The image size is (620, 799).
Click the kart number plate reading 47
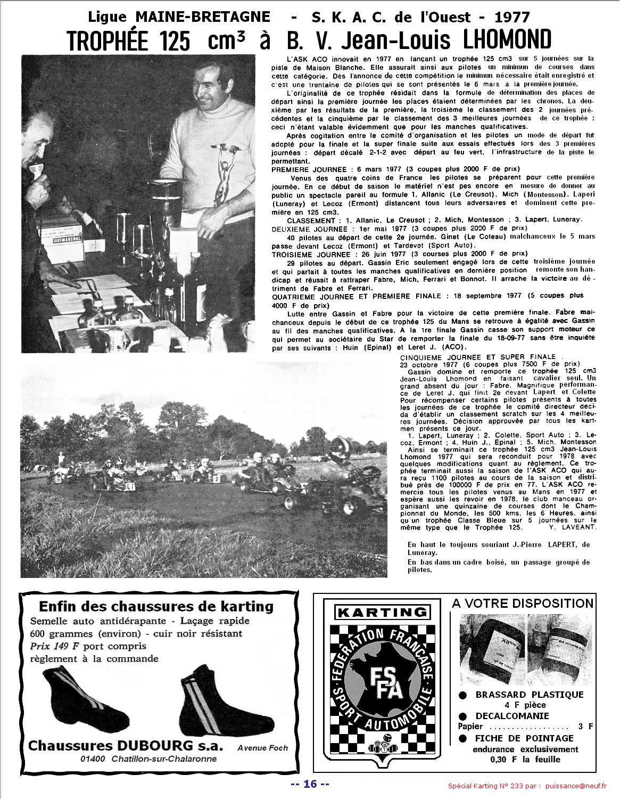pyautogui.click(x=130, y=485)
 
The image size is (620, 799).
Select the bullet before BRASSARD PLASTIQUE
pyautogui.click(x=463, y=695)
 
